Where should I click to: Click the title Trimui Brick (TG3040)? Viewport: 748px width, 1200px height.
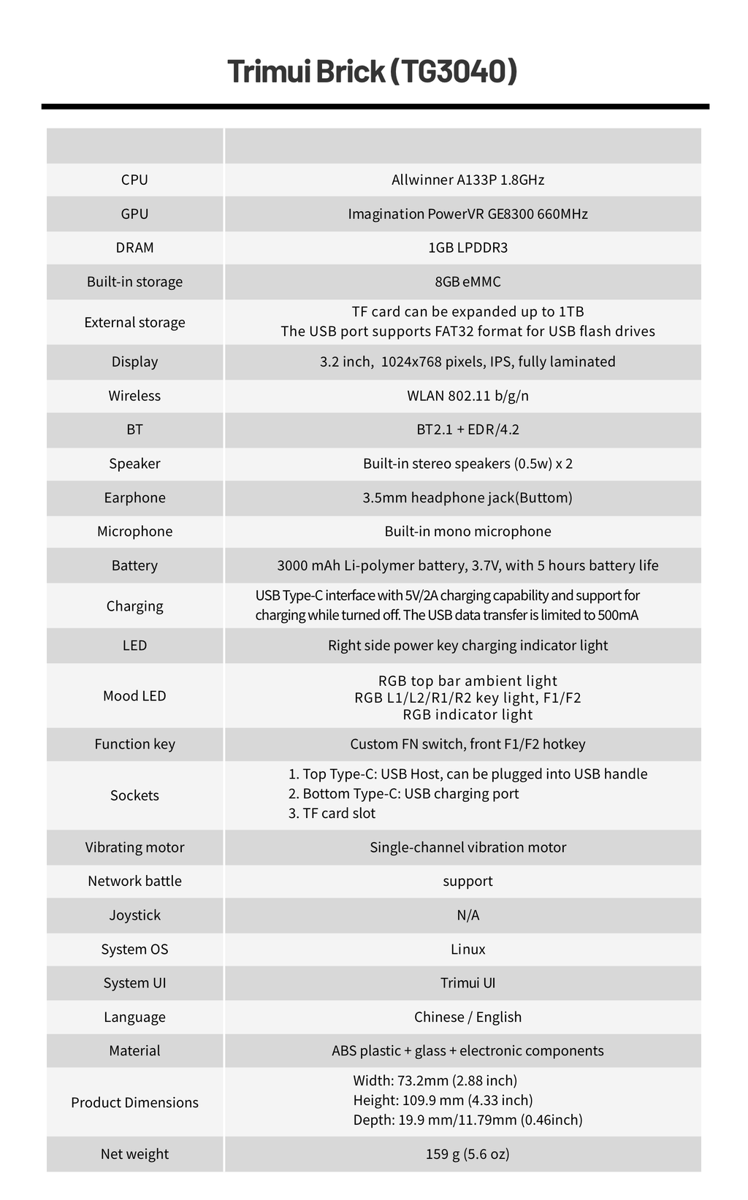pos(373,72)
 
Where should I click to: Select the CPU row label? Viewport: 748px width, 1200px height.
pos(134,180)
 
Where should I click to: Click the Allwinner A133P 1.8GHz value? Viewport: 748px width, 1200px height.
pos(467,180)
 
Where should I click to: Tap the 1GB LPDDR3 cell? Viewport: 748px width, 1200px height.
pos(467,248)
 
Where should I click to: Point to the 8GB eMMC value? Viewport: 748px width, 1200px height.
pos(467,282)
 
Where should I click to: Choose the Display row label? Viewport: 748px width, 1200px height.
pos(134,362)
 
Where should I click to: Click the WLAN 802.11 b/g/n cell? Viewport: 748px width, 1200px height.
pos(467,396)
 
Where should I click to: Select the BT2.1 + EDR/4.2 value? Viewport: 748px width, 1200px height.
pos(467,429)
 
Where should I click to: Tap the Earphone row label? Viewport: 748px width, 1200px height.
pos(134,497)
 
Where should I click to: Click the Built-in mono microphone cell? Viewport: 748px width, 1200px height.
pos(467,531)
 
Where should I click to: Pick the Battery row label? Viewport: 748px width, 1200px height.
pos(134,565)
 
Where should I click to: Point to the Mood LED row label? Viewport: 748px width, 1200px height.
pos(134,695)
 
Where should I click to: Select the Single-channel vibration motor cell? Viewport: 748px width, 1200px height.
pos(467,847)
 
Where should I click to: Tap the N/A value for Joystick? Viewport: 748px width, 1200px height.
pos(467,915)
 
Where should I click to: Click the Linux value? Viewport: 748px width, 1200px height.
pos(467,949)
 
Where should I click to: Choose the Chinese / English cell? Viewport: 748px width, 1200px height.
pos(467,1017)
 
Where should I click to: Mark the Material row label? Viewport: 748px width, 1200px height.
pos(134,1050)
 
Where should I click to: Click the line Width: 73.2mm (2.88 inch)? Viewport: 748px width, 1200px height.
pos(435,1080)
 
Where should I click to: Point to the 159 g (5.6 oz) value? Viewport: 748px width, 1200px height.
pos(467,1154)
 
